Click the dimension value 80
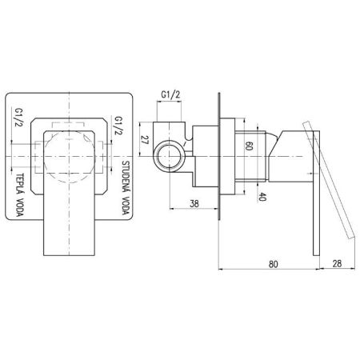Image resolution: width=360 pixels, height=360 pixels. [273, 264]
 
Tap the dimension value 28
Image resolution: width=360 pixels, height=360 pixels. [337, 263]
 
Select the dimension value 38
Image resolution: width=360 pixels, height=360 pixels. [194, 204]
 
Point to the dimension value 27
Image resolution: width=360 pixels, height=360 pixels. [145, 140]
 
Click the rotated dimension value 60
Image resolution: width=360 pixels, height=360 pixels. [249, 146]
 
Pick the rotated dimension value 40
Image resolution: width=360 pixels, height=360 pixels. [262, 197]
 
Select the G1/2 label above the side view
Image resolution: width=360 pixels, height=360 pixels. [170, 94]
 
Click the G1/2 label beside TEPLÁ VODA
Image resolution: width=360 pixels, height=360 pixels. [19, 117]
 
